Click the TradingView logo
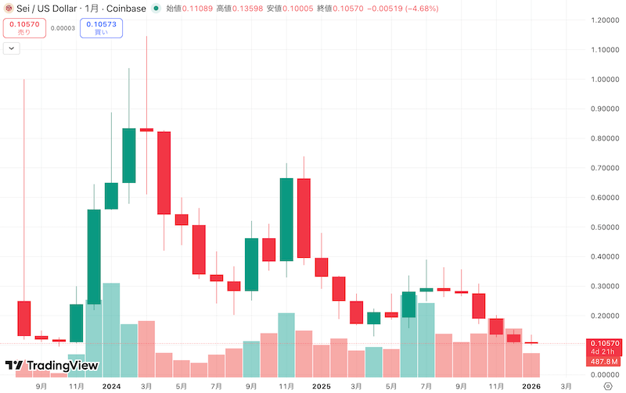52,365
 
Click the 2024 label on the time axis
111,386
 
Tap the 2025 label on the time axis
322,386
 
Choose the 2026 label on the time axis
531,386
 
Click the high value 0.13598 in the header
239,8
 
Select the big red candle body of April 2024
164,173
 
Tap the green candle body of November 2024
286,220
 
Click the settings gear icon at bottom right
607,386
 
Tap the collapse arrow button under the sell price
12,48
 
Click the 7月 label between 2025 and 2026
426,386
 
